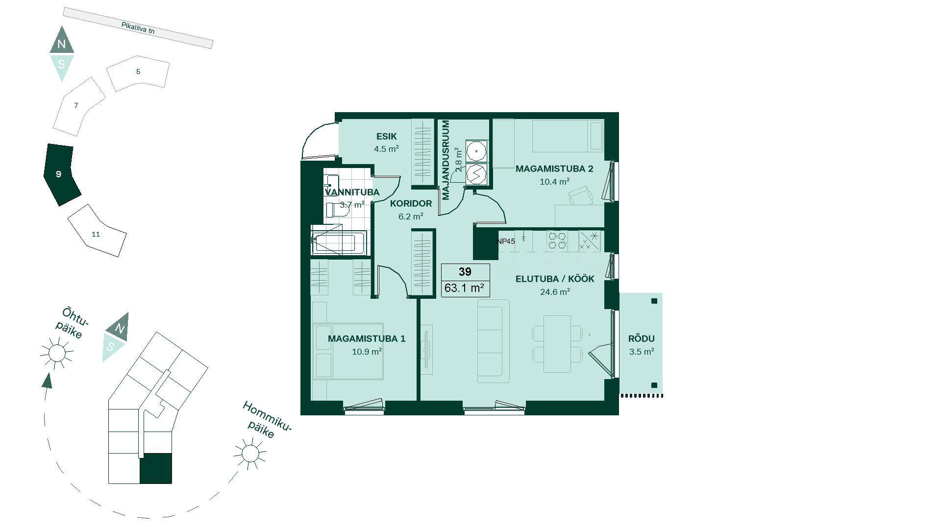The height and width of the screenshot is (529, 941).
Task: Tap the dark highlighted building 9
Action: (61, 174)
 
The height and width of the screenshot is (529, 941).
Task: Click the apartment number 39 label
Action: (465, 272)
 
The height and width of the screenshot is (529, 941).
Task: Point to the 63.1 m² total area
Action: (464, 288)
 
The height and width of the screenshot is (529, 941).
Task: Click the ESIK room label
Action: (386, 137)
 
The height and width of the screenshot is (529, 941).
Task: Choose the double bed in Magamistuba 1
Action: (348, 351)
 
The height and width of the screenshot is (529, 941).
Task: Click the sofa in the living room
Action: (494, 341)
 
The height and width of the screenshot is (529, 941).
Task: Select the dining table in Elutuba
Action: (557, 344)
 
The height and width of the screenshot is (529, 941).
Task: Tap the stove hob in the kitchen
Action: (557, 240)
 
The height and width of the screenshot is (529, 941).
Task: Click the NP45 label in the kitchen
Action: (506, 241)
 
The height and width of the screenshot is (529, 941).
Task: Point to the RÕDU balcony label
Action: (642, 338)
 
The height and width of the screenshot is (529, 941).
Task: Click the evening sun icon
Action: (57, 353)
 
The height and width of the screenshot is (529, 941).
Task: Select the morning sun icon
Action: (250, 453)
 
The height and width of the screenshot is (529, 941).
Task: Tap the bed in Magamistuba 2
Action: (568, 136)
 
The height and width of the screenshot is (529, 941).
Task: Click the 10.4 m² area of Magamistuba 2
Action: (554, 182)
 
